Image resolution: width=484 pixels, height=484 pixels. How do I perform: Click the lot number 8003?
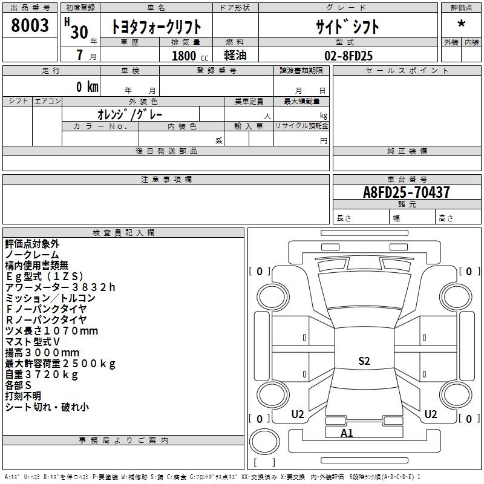pos(30,25)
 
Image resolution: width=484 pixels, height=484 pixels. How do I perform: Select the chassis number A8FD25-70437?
pos(406,192)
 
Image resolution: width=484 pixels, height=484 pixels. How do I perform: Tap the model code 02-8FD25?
pos(348,56)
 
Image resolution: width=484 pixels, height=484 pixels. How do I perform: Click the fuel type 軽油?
pos(235,55)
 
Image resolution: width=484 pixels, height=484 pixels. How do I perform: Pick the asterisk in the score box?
pos(461,24)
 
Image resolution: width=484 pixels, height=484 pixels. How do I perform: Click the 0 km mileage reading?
pos(87,87)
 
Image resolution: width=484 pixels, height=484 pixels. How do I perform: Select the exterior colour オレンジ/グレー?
pos(130,114)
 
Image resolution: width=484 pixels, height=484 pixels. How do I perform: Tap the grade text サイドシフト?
pos(347,27)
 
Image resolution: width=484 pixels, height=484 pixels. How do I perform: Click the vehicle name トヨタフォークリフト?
pos(156,27)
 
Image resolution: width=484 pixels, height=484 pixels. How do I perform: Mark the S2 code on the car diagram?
pos(364,361)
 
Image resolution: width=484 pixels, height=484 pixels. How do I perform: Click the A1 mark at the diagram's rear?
pos(347,433)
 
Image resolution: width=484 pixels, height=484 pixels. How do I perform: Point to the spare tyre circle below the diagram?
pos(264,442)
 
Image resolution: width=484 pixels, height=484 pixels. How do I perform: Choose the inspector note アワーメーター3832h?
pos(60,287)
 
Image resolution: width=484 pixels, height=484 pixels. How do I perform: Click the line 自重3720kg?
pos(42,374)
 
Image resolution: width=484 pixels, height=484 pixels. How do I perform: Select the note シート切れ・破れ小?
pos(47,407)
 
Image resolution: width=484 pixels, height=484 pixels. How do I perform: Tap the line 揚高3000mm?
pos(42,352)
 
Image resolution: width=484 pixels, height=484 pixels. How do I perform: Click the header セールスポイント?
pos(407,70)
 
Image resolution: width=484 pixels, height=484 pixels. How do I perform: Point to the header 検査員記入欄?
pos(123,233)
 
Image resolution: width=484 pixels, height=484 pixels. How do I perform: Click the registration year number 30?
pos(79,32)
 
